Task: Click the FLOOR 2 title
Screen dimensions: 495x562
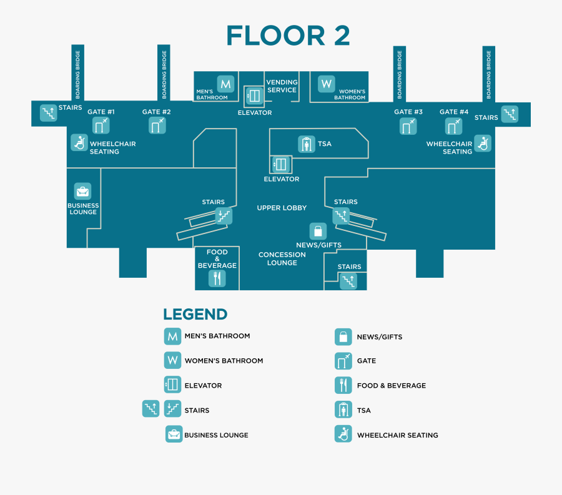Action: coord(288,36)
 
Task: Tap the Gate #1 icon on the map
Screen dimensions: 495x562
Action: coord(101,125)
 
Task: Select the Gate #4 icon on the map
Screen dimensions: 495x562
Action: coord(453,126)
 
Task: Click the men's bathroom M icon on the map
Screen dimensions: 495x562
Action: coord(225,84)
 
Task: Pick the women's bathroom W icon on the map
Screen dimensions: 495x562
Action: coord(326,84)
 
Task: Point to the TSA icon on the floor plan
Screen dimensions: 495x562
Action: coord(306,144)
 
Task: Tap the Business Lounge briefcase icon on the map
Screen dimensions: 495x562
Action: coord(82,191)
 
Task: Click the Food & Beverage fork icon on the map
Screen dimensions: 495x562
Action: coord(217,278)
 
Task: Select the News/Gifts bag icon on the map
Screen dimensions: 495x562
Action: coord(318,231)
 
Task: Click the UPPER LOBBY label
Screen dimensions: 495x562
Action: coord(282,208)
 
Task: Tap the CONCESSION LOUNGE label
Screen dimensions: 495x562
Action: coord(282,258)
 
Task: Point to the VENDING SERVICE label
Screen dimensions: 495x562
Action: coord(282,86)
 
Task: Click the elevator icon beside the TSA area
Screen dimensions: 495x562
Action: coord(279,165)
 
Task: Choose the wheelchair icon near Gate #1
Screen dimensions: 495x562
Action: coord(79,142)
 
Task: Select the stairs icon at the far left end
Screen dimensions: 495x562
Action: coord(48,112)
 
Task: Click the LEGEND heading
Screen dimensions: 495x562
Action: coord(195,315)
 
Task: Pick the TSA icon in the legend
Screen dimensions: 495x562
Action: coord(342,410)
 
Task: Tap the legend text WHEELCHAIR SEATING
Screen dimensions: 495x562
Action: coord(397,435)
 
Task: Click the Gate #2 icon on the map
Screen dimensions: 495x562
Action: coord(157,125)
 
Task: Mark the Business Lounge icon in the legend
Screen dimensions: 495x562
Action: coord(174,434)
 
